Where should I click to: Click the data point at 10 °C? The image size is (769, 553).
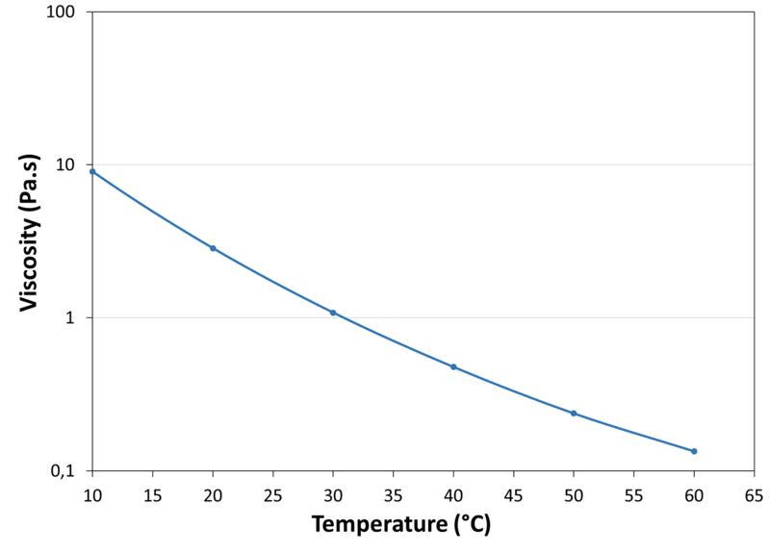pos(92,171)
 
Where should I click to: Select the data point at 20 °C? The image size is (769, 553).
pos(213,248)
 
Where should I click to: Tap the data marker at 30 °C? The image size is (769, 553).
pos(333,313)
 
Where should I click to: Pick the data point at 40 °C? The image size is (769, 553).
pos(453,366)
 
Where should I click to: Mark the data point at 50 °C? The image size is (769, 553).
pos(574,414)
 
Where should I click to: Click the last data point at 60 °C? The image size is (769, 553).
pos(694,451)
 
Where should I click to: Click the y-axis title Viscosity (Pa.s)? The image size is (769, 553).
pos(31,240)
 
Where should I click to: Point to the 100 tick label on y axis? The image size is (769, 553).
pos(65,12)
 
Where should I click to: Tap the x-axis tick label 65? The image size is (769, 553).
pos(754,493)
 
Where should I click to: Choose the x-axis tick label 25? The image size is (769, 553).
pos(273,493)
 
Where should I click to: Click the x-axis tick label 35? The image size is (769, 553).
pos(394,493)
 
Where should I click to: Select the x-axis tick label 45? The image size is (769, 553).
pos(513,493)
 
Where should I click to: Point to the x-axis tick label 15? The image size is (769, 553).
pos(153,493)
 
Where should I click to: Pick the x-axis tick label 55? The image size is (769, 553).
pos(633,493)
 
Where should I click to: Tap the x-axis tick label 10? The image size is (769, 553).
pos(92,493)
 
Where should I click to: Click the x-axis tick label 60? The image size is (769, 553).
pos(694,493)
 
